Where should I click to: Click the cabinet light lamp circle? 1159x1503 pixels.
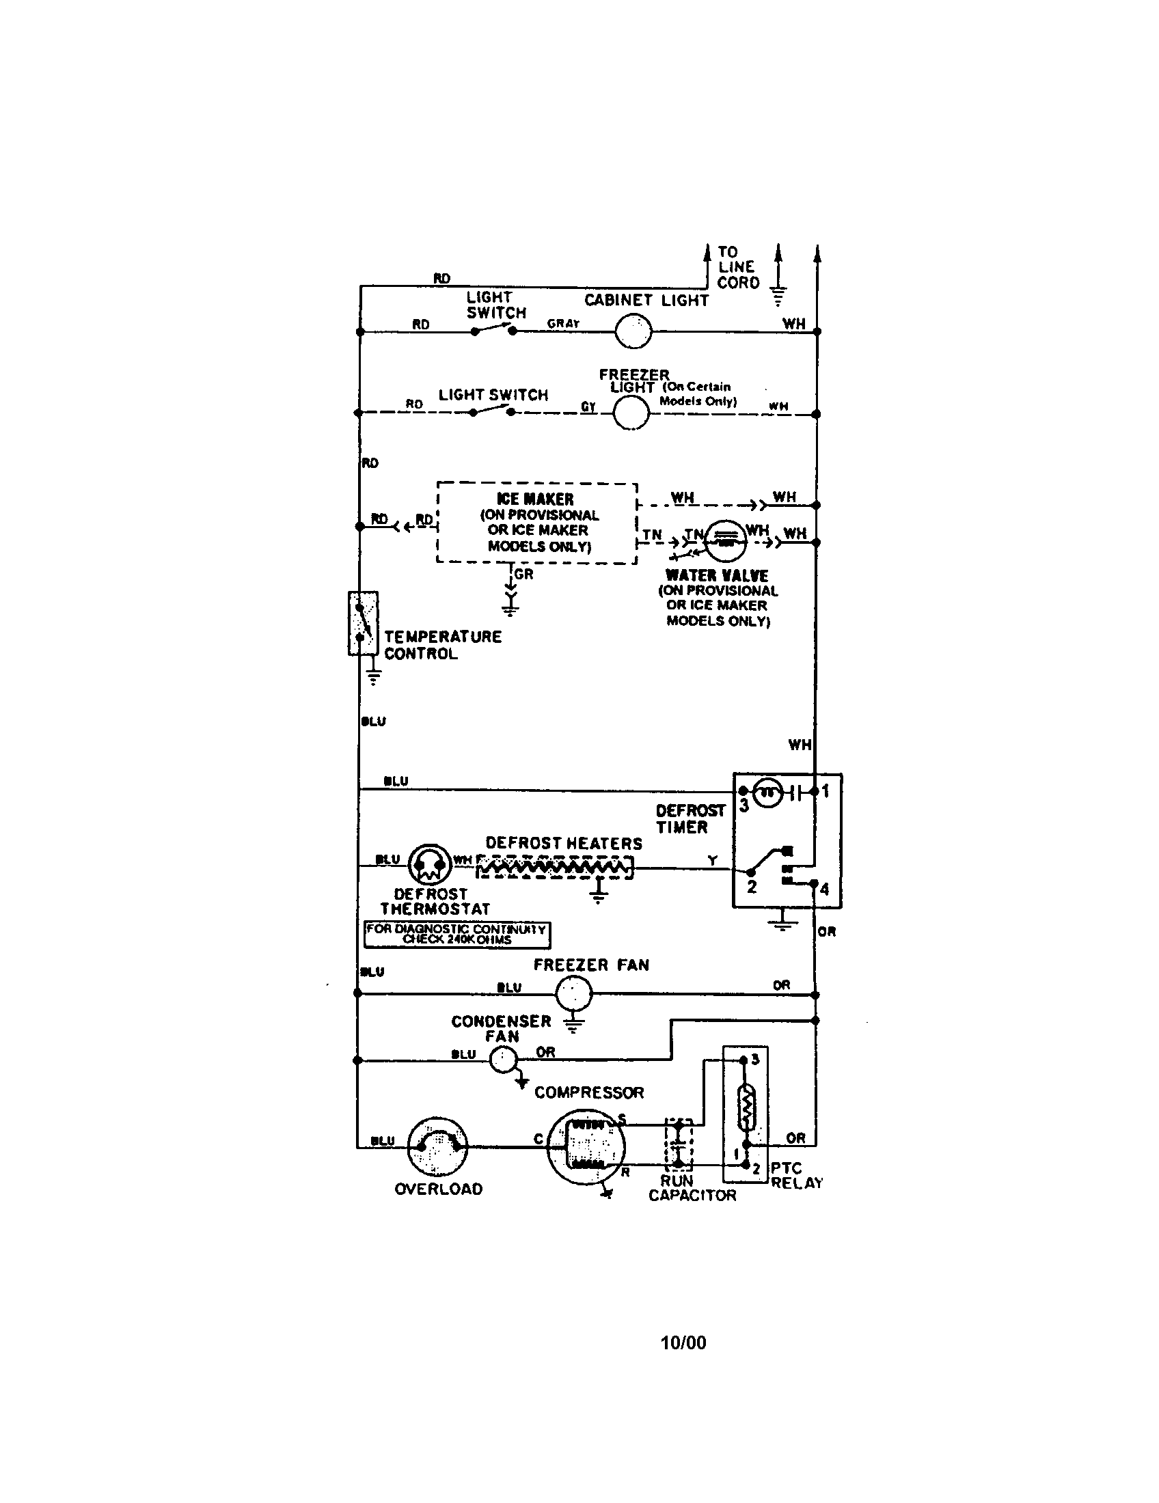tap(633, 331)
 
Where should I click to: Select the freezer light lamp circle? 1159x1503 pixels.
tap(631, 413)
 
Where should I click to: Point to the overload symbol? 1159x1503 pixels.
tap(437, 1146)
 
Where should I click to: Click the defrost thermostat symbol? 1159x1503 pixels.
tap(429, 864)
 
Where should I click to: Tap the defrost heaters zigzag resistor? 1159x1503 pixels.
tap(555, 868)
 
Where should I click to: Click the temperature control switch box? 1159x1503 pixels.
tap(363, 623)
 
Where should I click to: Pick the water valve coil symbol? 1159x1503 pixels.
tap(726, 540)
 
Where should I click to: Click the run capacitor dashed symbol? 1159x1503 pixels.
tap(678, 1144)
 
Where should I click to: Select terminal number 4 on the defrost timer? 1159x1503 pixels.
tap(824, 889)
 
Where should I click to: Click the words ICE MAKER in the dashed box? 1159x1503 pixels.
tap(535, 499)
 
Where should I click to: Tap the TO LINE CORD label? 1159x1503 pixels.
tap(738, 267)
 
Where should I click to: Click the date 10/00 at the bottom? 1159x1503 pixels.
tap(683, 1342)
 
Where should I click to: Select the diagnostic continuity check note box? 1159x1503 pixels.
tap(457, 934)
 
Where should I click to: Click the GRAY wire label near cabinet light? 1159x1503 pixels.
tap(563, 323)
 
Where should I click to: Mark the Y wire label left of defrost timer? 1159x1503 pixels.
tap(712, 860)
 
